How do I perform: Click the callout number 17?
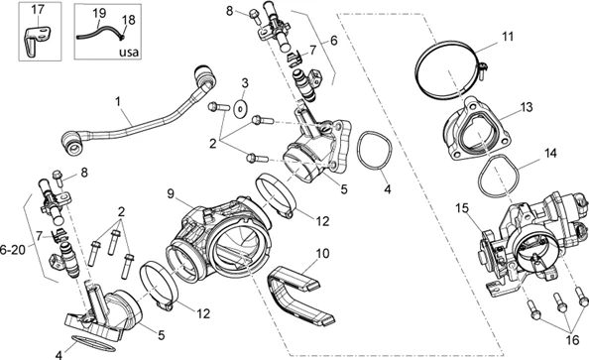[x=38, y=9]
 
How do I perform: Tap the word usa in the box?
[x=129, y=52]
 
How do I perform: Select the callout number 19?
[x=99, y=13]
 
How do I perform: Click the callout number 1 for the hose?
[x=118, y=101]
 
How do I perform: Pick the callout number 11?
[x=508, y=37]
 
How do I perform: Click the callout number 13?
[x=527, y=107]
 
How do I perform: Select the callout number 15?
[x=462, y=208]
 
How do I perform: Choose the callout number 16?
[x=572, y=340]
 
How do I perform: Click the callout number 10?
[x=322, y=254]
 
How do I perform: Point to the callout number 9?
[x=171, y=194]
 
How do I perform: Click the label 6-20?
[x=13, y=249]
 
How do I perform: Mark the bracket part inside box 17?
[x=34, y=41]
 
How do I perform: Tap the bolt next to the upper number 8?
[x=254, y=15]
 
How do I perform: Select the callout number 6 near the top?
[x=333, y=40]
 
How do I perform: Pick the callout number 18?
[x=129, y=20]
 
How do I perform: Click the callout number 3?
[x=245, y=83]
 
